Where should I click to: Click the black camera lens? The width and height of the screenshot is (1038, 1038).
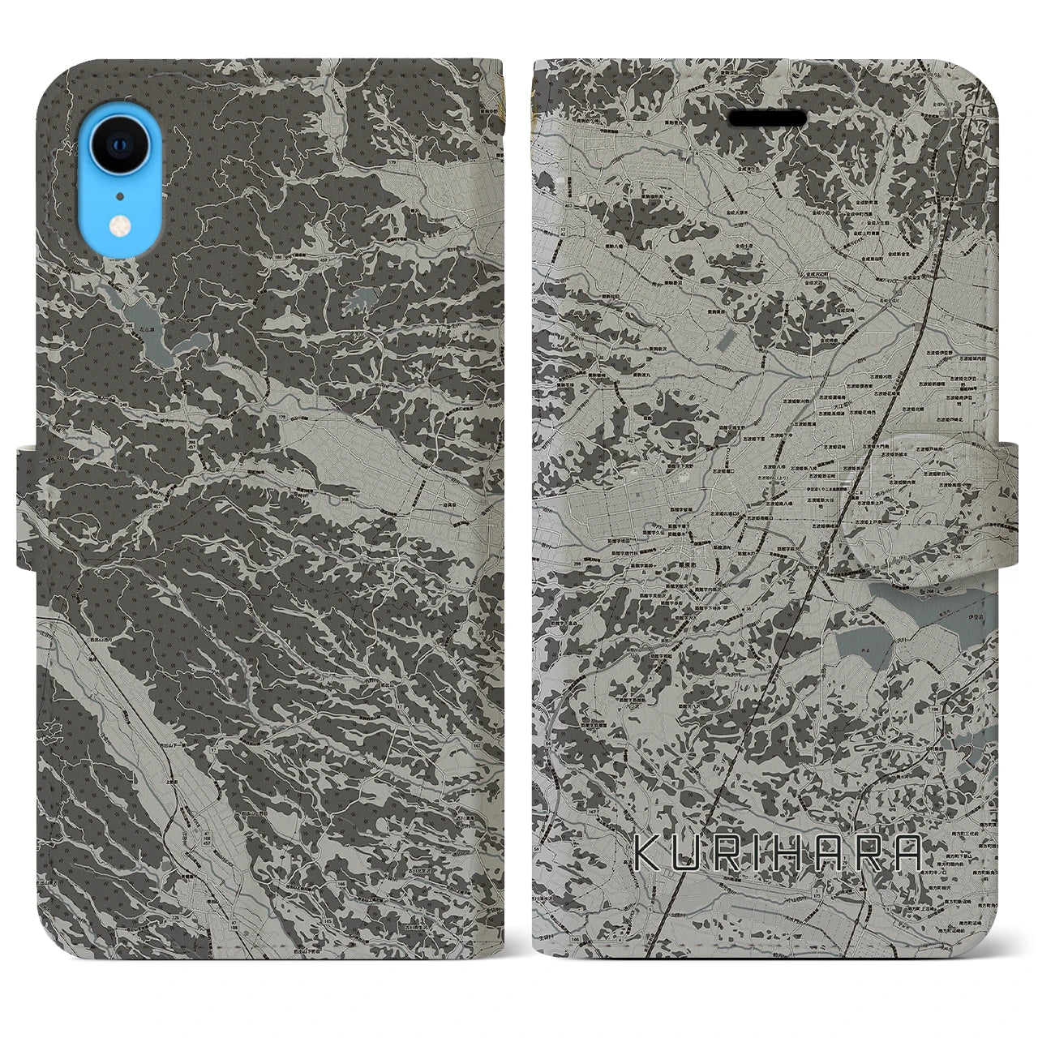[118, 145]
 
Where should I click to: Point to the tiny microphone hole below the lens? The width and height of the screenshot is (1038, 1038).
[118, 195]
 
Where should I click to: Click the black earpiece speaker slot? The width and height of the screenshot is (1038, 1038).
[767, 118]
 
